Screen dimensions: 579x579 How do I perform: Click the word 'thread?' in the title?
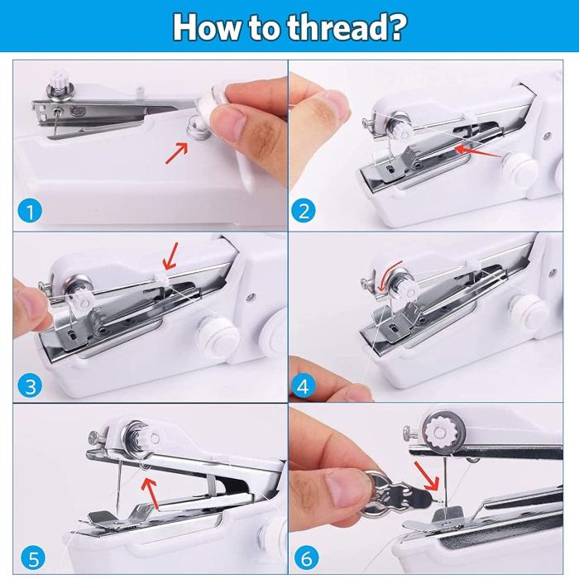(x=347, y=26)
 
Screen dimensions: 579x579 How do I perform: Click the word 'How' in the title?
(x=204, y=26)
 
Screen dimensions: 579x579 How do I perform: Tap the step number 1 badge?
(x=30, y=212)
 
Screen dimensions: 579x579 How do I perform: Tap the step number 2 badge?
(x=304, y=212)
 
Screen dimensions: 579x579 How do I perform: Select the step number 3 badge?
(x=30, y=385)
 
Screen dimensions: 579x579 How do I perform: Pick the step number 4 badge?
(x=304, y=385)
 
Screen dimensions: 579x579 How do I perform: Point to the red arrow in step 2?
(x=479, y=151)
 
